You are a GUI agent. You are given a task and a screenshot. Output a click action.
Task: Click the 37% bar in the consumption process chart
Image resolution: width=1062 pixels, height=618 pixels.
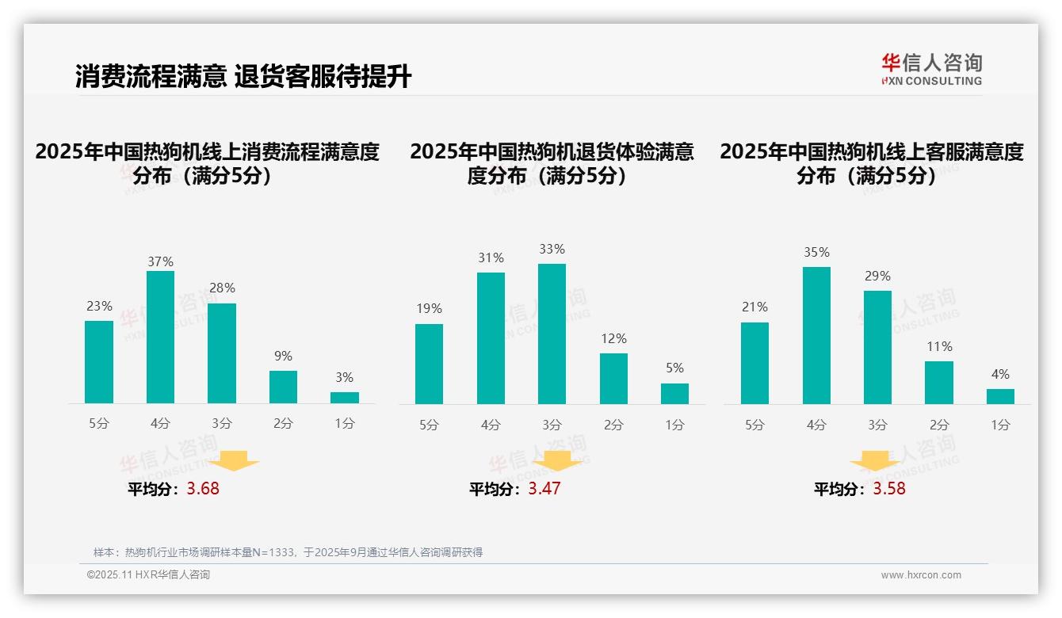point(160,337)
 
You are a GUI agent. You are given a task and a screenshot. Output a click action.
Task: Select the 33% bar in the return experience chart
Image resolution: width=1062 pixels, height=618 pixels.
point(552,334)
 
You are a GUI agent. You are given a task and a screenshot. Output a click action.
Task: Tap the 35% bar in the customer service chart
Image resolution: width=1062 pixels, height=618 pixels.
point(816,335)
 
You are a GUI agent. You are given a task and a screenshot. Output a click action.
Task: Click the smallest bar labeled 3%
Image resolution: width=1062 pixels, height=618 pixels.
point(345,398)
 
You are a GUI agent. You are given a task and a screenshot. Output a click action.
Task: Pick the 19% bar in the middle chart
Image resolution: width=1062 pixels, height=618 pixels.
point(429,364)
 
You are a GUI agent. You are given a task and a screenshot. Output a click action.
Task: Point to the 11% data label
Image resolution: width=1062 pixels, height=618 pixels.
point(939,346)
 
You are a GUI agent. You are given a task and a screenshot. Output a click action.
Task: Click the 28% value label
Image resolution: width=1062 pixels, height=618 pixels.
point(222,288)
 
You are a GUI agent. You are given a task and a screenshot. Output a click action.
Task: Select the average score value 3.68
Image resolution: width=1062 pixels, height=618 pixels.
point(203,489)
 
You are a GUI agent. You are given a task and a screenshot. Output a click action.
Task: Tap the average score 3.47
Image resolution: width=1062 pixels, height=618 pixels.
point(544,489)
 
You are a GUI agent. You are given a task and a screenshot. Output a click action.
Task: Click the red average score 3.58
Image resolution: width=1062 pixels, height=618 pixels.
point(889,489)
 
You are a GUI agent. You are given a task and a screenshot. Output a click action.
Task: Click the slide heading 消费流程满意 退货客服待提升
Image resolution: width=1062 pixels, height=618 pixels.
point(243,77)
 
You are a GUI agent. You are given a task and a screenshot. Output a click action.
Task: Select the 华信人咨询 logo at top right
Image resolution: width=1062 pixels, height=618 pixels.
point(931,69)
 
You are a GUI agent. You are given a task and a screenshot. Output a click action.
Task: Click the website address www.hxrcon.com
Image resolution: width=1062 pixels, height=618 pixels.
point(921,575)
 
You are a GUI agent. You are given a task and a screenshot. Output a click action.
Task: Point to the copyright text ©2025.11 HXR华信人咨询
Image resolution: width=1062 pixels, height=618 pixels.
point(148,575)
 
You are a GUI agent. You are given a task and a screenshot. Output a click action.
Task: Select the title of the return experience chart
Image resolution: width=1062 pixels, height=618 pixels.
point(552,163)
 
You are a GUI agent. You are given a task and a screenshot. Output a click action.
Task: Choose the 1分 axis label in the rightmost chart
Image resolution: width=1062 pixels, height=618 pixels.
point(1000,425)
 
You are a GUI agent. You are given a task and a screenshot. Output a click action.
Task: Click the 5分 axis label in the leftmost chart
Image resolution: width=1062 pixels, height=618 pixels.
point(99,424)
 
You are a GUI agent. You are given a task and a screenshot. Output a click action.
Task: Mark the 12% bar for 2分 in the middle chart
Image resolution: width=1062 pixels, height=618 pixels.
point(613,379)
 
